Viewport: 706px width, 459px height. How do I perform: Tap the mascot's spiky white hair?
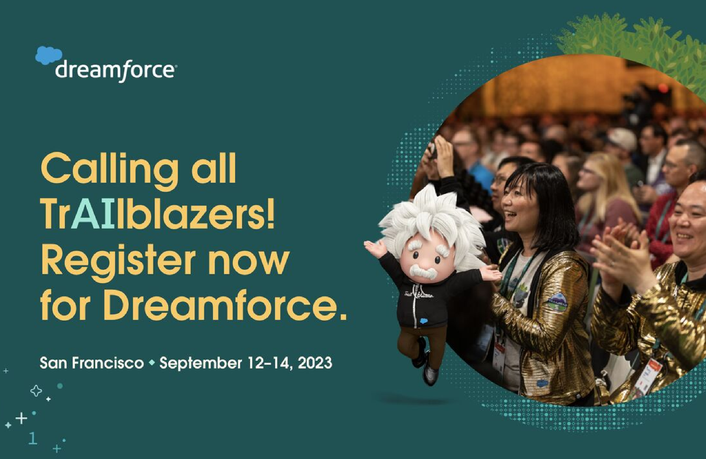(x=433, y=214)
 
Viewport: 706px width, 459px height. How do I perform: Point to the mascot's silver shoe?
(x=430, y=375)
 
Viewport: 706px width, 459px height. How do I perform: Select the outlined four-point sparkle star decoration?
(x=36, y=391)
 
